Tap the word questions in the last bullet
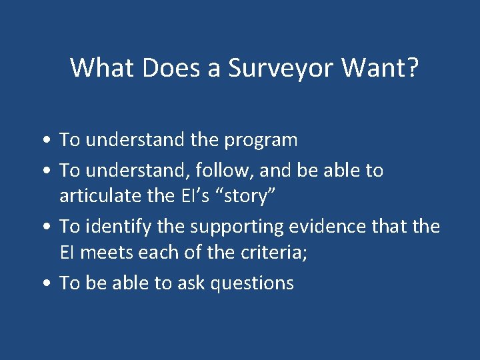[x=252, y=284]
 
